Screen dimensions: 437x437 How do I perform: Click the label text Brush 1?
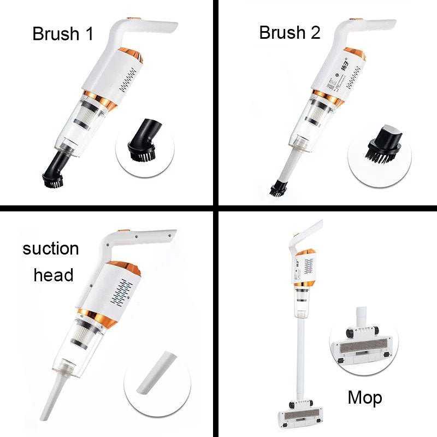tap(63, 33)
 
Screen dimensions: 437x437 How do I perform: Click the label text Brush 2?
tap(290, 32)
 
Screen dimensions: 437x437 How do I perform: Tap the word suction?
tap(51, 249)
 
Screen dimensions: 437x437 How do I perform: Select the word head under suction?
tap(54, 275)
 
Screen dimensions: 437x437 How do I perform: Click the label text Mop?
tap(365, 397)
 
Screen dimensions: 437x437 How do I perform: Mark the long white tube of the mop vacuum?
tap(300, 355)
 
